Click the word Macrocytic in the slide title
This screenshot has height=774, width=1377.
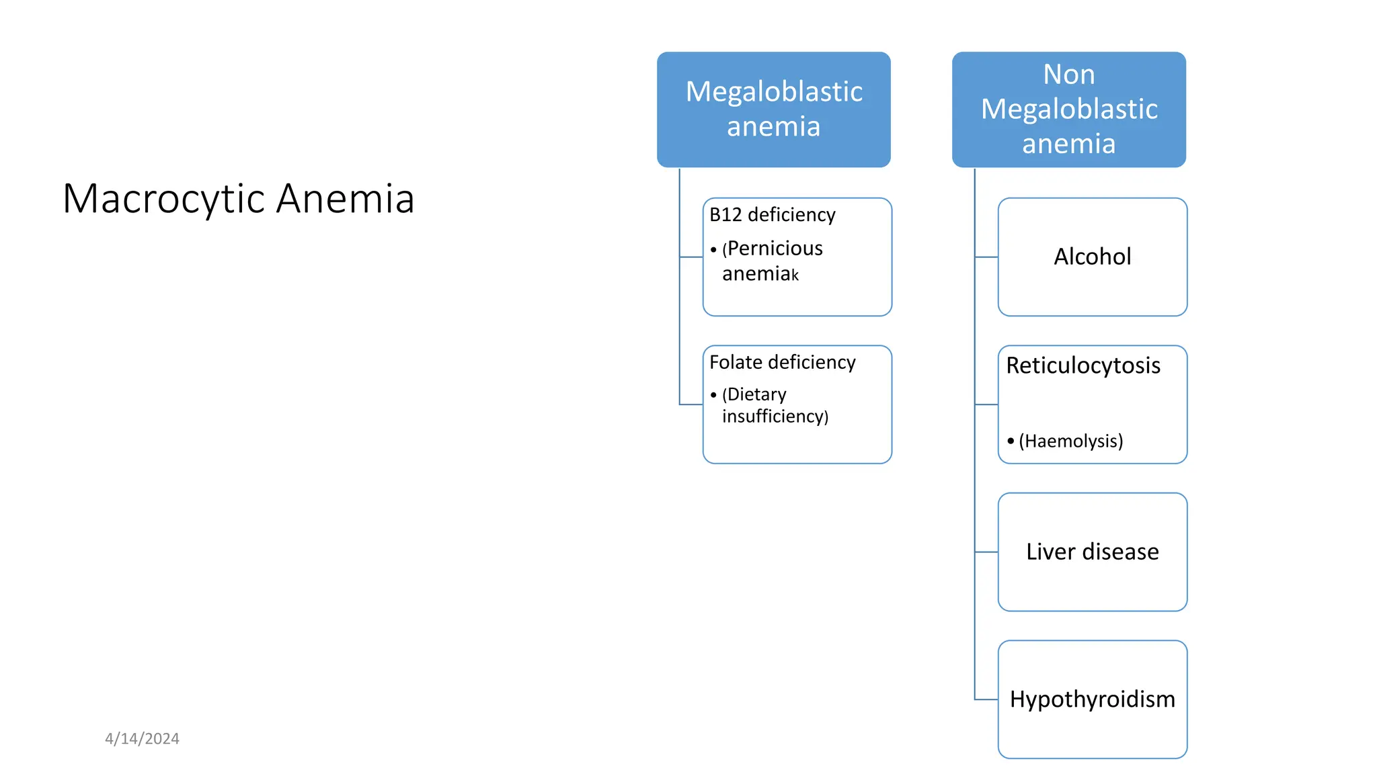(x=164, y=199)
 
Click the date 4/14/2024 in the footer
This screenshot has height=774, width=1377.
(x=142, y=738)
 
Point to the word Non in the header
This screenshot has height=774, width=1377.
(x=1068, y=74)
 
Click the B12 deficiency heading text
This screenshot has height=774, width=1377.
(x=772, y=215)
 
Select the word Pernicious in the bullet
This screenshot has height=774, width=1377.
(x=775, y=249)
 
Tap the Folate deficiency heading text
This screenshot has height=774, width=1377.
(x=782, y=363)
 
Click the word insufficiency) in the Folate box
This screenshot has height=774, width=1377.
(x=775, y=417)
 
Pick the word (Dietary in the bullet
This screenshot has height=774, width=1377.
(x=754, y=394)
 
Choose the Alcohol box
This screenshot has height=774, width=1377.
(x=1092, y=257)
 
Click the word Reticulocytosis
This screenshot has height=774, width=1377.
(x=1083, y=365)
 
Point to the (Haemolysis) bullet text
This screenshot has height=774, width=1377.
(x=1070, y=441)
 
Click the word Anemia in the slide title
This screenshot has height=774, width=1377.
(x=345, y=199)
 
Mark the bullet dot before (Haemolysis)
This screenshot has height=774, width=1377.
(x=1011, y=441)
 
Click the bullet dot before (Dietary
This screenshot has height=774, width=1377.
(x=713, y=395)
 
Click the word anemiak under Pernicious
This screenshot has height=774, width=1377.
(x=760, y=274)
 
